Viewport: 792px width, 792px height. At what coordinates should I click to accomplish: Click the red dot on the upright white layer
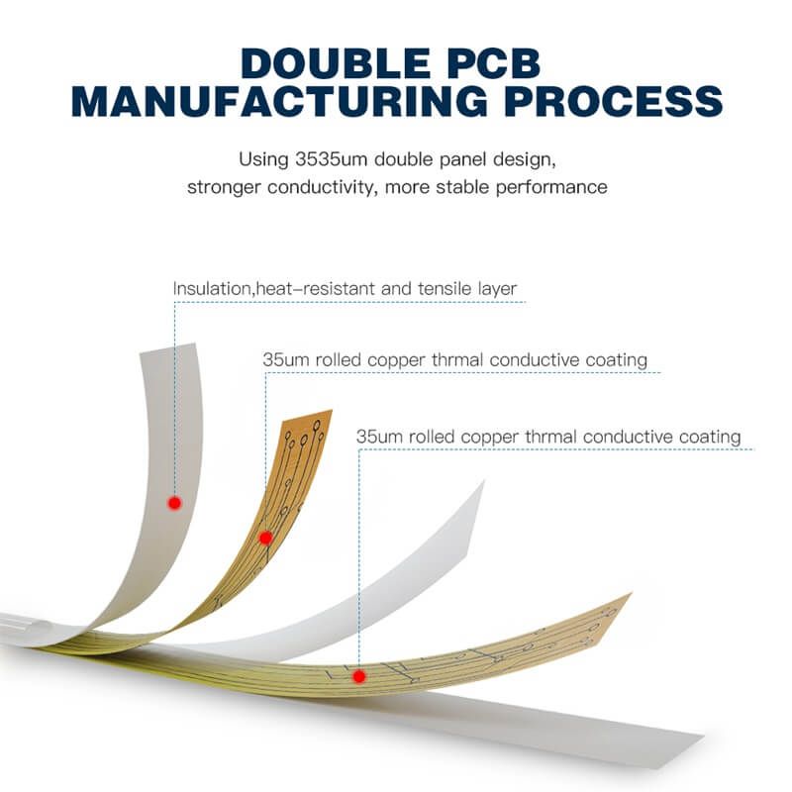pyautogui.click(x=174, y=503)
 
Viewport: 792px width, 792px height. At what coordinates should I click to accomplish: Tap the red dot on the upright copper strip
pyautogui.click(x=265, y=538)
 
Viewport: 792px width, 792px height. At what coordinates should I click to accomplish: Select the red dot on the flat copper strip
pyautogui.click(x=358, y=676)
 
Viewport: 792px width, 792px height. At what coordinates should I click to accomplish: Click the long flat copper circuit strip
pyautogui.click(x=495, y=653)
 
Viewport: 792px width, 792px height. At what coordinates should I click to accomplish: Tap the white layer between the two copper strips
pyautogui.click(x=416, y=574)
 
